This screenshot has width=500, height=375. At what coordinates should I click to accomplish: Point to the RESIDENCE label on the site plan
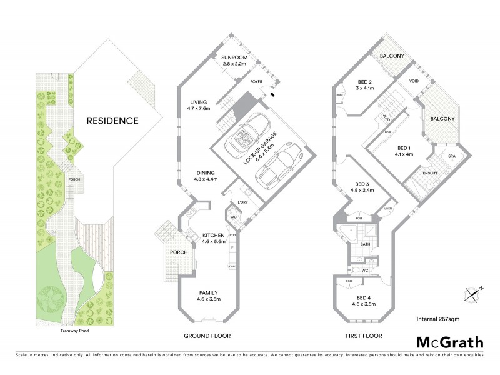tap(112, 121)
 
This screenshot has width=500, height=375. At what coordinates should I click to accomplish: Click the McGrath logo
tap(449, 342)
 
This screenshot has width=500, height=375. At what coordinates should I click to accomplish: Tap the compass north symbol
tap(473, 292)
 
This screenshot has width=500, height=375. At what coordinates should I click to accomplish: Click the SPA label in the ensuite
tap(451, 156)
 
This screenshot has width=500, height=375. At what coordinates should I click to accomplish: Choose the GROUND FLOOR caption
tap(207, 336)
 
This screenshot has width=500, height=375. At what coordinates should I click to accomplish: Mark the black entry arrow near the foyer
tap(271, 94)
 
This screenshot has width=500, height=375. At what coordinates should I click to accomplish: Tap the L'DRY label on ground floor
tap(244, 202)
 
